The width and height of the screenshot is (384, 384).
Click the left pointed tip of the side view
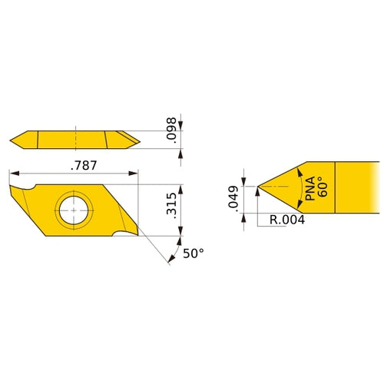12,140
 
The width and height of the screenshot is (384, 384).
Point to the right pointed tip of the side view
141,139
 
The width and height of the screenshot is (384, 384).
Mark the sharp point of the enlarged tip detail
257,186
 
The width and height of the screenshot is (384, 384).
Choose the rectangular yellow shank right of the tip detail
356,186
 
